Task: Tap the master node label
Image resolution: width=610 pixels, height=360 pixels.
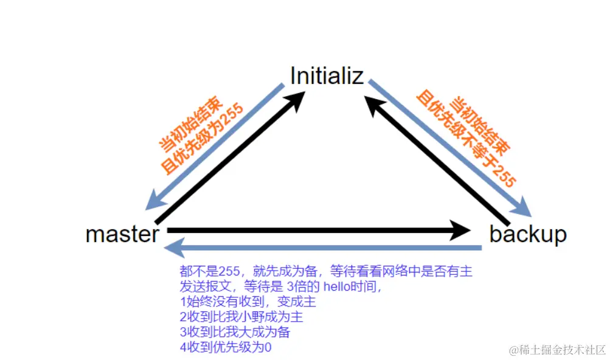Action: (x=123, y=234)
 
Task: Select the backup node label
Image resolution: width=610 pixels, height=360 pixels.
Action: (x=527, y=234)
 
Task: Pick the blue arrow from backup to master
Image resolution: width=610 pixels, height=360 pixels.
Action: (x=322, y=247)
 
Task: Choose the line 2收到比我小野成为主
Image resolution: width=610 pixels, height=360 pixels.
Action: (x=241, y=317)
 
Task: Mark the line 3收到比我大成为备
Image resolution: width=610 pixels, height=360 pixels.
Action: (x=235, y=332)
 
